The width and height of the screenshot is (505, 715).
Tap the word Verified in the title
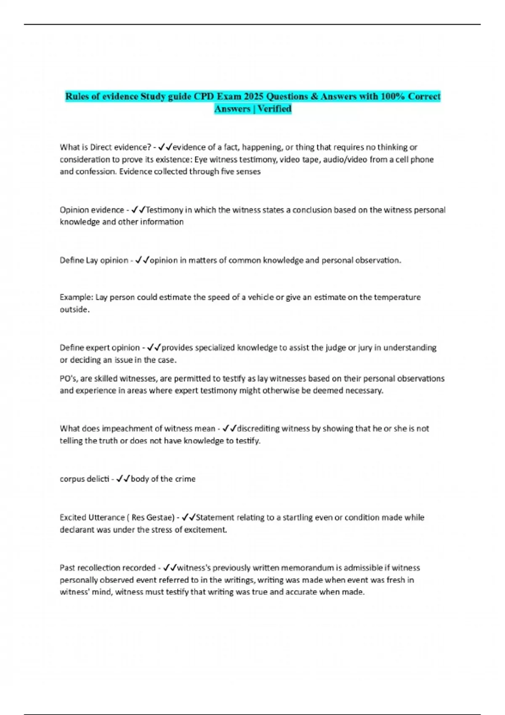[274, 109]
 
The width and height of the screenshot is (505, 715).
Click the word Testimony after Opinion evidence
[165, 210]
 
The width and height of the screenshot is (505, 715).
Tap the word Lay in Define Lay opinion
[92, 260]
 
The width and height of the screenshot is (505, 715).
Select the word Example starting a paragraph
[76, 297]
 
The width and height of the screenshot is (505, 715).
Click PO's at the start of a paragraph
[67, 379]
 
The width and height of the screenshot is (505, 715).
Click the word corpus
[72, 479]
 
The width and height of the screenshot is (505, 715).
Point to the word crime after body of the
[185, 479]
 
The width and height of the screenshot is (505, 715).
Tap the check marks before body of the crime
[123, 479]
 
